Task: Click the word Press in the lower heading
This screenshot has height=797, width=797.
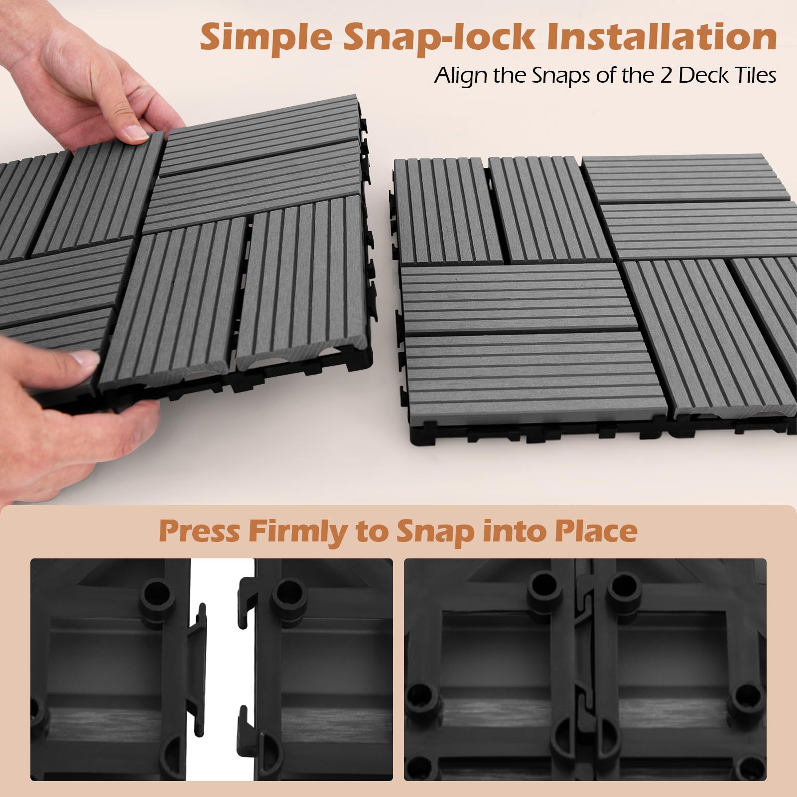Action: point(199,531)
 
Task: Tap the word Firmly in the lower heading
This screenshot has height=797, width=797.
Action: point(296,532)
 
